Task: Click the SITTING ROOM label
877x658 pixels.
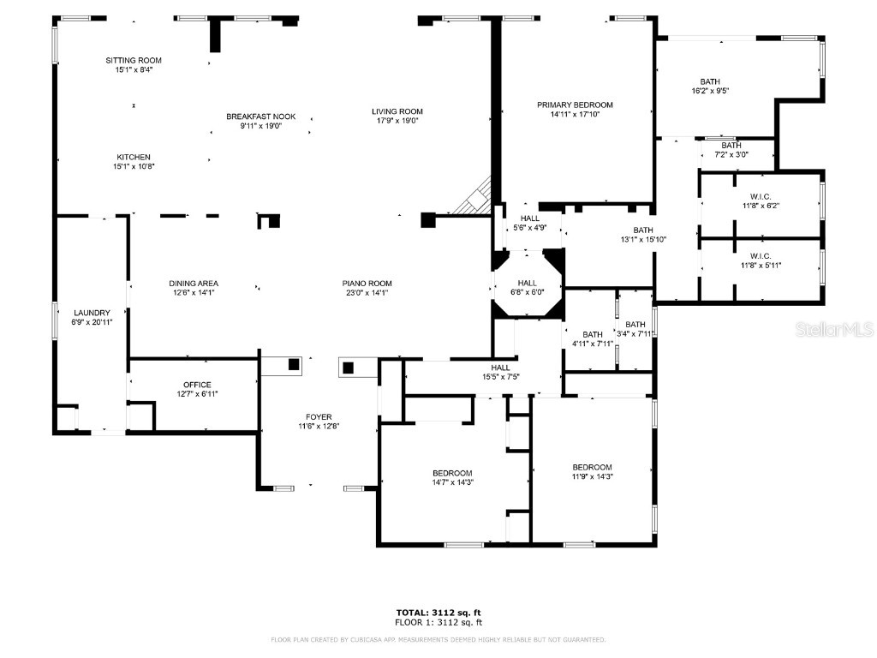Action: (x=133, y=60)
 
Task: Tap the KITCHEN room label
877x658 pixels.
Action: (x=134, y=157)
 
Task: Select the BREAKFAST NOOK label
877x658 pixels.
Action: (x=254, y=116)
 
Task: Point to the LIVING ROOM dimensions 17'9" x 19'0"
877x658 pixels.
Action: (x=397, y=121)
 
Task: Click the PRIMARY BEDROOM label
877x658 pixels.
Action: (x=575, y=105)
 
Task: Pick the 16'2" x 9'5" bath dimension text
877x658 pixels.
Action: (x=709, y=91)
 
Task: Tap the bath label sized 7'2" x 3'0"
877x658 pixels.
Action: (x=731, y=146)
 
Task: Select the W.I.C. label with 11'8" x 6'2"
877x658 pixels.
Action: (x=761, y=196)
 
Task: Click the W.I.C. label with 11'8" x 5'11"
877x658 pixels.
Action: (x=761, y=255)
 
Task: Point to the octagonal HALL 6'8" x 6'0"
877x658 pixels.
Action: (x=527, y=284)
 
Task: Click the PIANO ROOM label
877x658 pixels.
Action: (x=367, y=284)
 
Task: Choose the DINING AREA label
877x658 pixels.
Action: (x=193, y=284)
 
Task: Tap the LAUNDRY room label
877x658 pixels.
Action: (x=90, y=313)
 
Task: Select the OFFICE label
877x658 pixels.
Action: (x=196, y=385)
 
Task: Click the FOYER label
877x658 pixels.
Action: (x=319, y=417)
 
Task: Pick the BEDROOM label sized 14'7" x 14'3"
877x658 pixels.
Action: (x=451, y=473)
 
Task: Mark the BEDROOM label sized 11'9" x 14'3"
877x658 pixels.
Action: (x=592, y=467)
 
